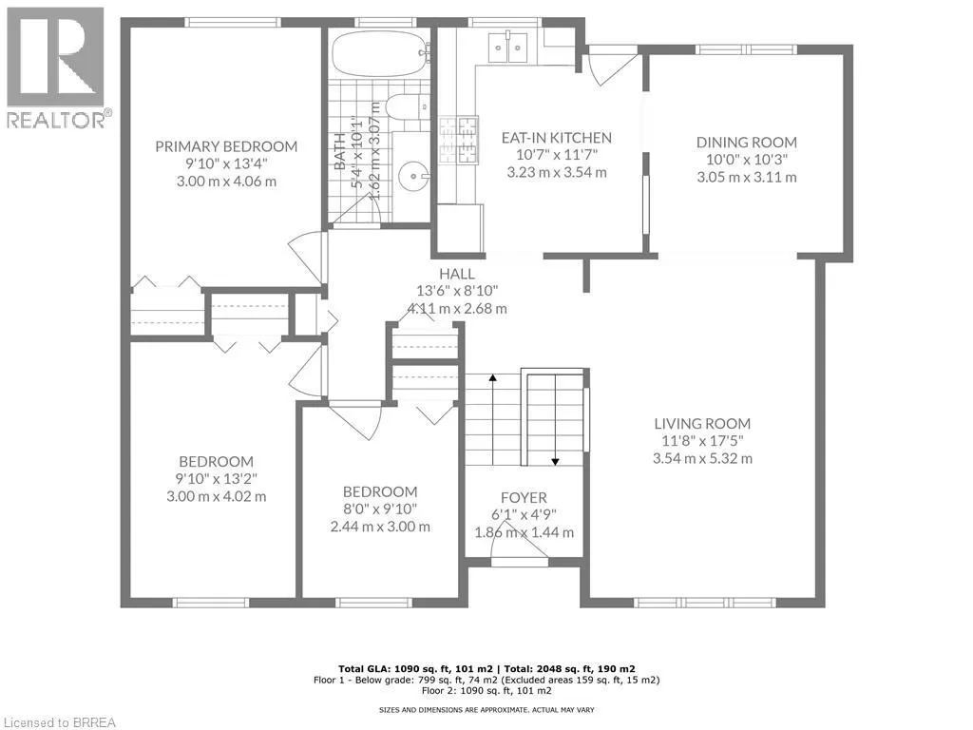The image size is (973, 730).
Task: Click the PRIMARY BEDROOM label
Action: coord(226,146)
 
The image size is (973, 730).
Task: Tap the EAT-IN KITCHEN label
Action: coord(556,138)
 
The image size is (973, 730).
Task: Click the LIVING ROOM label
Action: coord(702,424)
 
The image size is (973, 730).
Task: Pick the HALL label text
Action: coord(456,274)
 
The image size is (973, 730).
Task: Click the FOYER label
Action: coord(524,498)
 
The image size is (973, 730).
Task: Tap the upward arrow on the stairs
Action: coord(493,380)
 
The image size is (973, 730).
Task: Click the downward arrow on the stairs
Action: coord(556,460)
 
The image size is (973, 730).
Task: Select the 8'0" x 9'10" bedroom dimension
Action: coord(380,509)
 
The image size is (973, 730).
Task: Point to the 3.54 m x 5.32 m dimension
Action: coord(702,458)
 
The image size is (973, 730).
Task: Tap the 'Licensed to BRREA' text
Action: coord(59,721)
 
